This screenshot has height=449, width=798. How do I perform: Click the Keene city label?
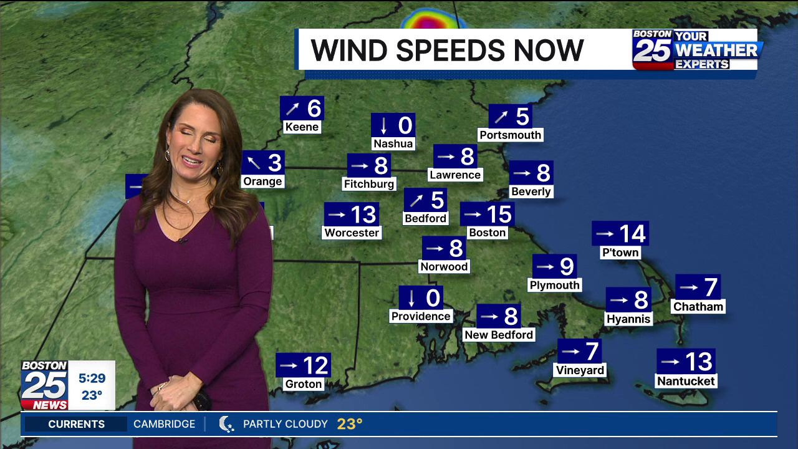(x=302, y=127)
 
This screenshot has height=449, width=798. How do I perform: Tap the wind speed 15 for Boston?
(x=499, y=215)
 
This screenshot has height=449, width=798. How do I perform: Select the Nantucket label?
(x=686, y=381)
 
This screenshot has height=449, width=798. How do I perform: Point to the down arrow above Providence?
(x=412, y=299)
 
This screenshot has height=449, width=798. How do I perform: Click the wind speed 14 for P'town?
(x=632, y=234)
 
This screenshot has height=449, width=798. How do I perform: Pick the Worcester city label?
(x=352, y=233)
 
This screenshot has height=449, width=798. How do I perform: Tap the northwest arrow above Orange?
(x=253, y=163)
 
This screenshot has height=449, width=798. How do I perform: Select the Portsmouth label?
(x=511, y=135)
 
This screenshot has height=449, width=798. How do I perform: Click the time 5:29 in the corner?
(x=92, y=379)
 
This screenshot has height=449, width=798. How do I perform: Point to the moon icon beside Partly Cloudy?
(x=226, y=424)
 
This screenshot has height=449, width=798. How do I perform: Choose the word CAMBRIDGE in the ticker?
(x=164, y=424)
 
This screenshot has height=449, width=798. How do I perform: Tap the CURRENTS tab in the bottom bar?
(x=76, y=424)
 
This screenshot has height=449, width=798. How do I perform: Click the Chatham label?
(x=698, y=307)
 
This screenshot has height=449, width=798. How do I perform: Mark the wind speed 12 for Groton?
(x=315, y=365)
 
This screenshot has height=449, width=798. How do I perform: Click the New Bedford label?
(x=499, y=335)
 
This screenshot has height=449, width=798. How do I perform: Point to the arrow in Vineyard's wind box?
(x=570, y=352)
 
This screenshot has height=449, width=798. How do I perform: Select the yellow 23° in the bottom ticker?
(x=350, y=424)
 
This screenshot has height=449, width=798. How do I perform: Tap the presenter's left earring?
(x=219, y=168)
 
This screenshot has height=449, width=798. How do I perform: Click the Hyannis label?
(x=628, y=319)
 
